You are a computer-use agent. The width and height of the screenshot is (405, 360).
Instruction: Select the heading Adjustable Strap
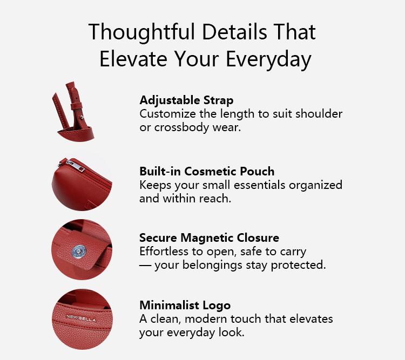click(186, 100)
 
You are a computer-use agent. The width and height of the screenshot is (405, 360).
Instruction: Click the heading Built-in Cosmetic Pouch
click(207, 172)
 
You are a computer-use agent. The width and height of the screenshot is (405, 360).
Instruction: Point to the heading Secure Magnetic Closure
click(209, 238)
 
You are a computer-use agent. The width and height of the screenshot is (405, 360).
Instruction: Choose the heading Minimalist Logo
click(185, 305)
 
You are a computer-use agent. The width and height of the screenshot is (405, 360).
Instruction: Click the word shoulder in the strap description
click(320, 114)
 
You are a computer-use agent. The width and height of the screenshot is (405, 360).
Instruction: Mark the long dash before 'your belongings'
click(145, 266)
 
